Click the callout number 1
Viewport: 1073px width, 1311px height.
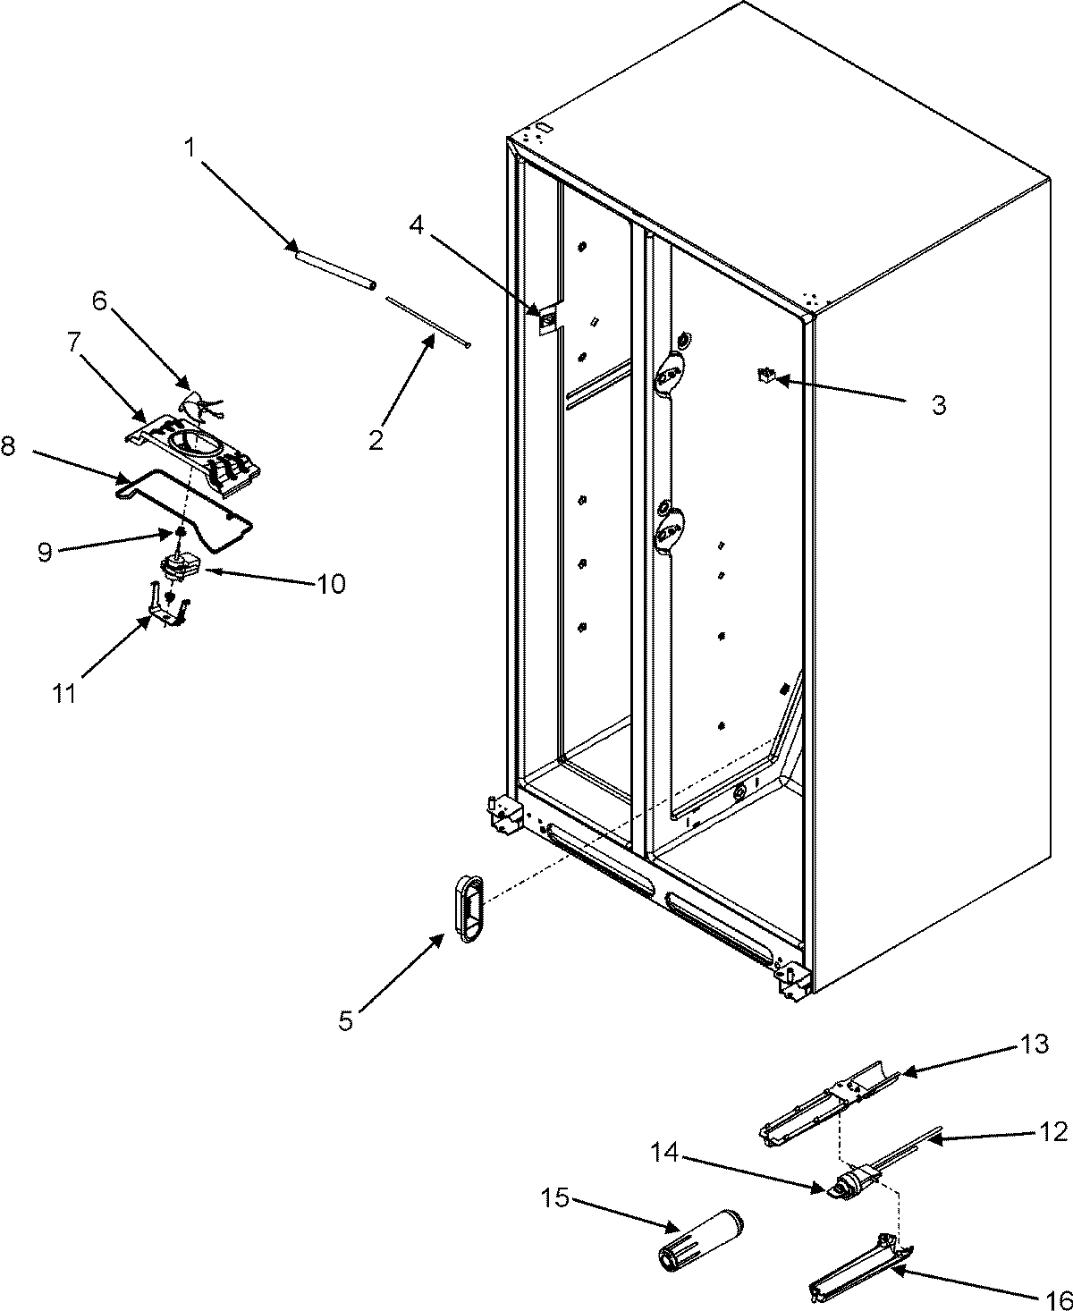[189, 148]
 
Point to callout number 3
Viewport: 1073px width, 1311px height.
[937, 405]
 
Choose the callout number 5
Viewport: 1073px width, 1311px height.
[346, 1020]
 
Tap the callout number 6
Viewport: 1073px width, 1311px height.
[99, 301]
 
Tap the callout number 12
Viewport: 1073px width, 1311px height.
[1054, 1131]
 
